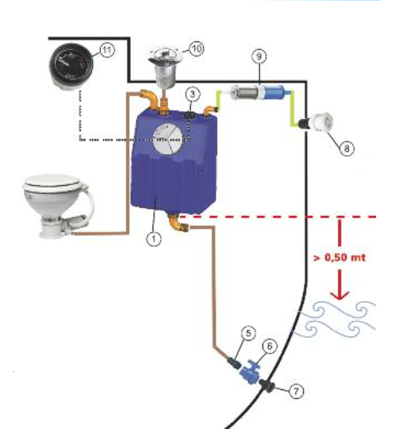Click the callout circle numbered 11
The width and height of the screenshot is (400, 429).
click(x=107, y=50)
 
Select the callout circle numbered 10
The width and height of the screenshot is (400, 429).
click(x=196, y=48)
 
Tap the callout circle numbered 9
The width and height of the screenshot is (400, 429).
click(x=258, y=56)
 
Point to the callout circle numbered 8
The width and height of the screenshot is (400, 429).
click(x=347, y=149)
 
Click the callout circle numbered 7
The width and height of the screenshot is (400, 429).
click(x=297, y=391)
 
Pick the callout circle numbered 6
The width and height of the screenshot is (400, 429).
click(x=270, y=346)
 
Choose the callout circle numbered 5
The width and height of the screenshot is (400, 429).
click(x=248, y=333)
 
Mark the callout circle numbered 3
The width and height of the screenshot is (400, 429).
click(x=192, y=94)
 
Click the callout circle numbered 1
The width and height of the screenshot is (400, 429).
click(x=153, y=239)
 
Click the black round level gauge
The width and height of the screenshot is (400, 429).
click(x=72, y=67)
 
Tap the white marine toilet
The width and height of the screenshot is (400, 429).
click(x=58, y=206)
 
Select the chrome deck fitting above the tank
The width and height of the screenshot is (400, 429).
click(x=165, y=68)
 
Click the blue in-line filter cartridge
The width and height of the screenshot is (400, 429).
click(x=274, y=92)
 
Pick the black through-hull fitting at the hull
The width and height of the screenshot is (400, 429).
click(x=266, y=386)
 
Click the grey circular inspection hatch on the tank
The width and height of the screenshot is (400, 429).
click(x=168, y=141)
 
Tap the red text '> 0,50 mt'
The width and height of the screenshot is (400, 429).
click(x=340, y=257)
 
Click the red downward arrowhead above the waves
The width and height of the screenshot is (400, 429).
click(x=340, y=296)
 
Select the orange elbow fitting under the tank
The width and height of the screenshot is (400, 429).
click(x=178, y=222)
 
